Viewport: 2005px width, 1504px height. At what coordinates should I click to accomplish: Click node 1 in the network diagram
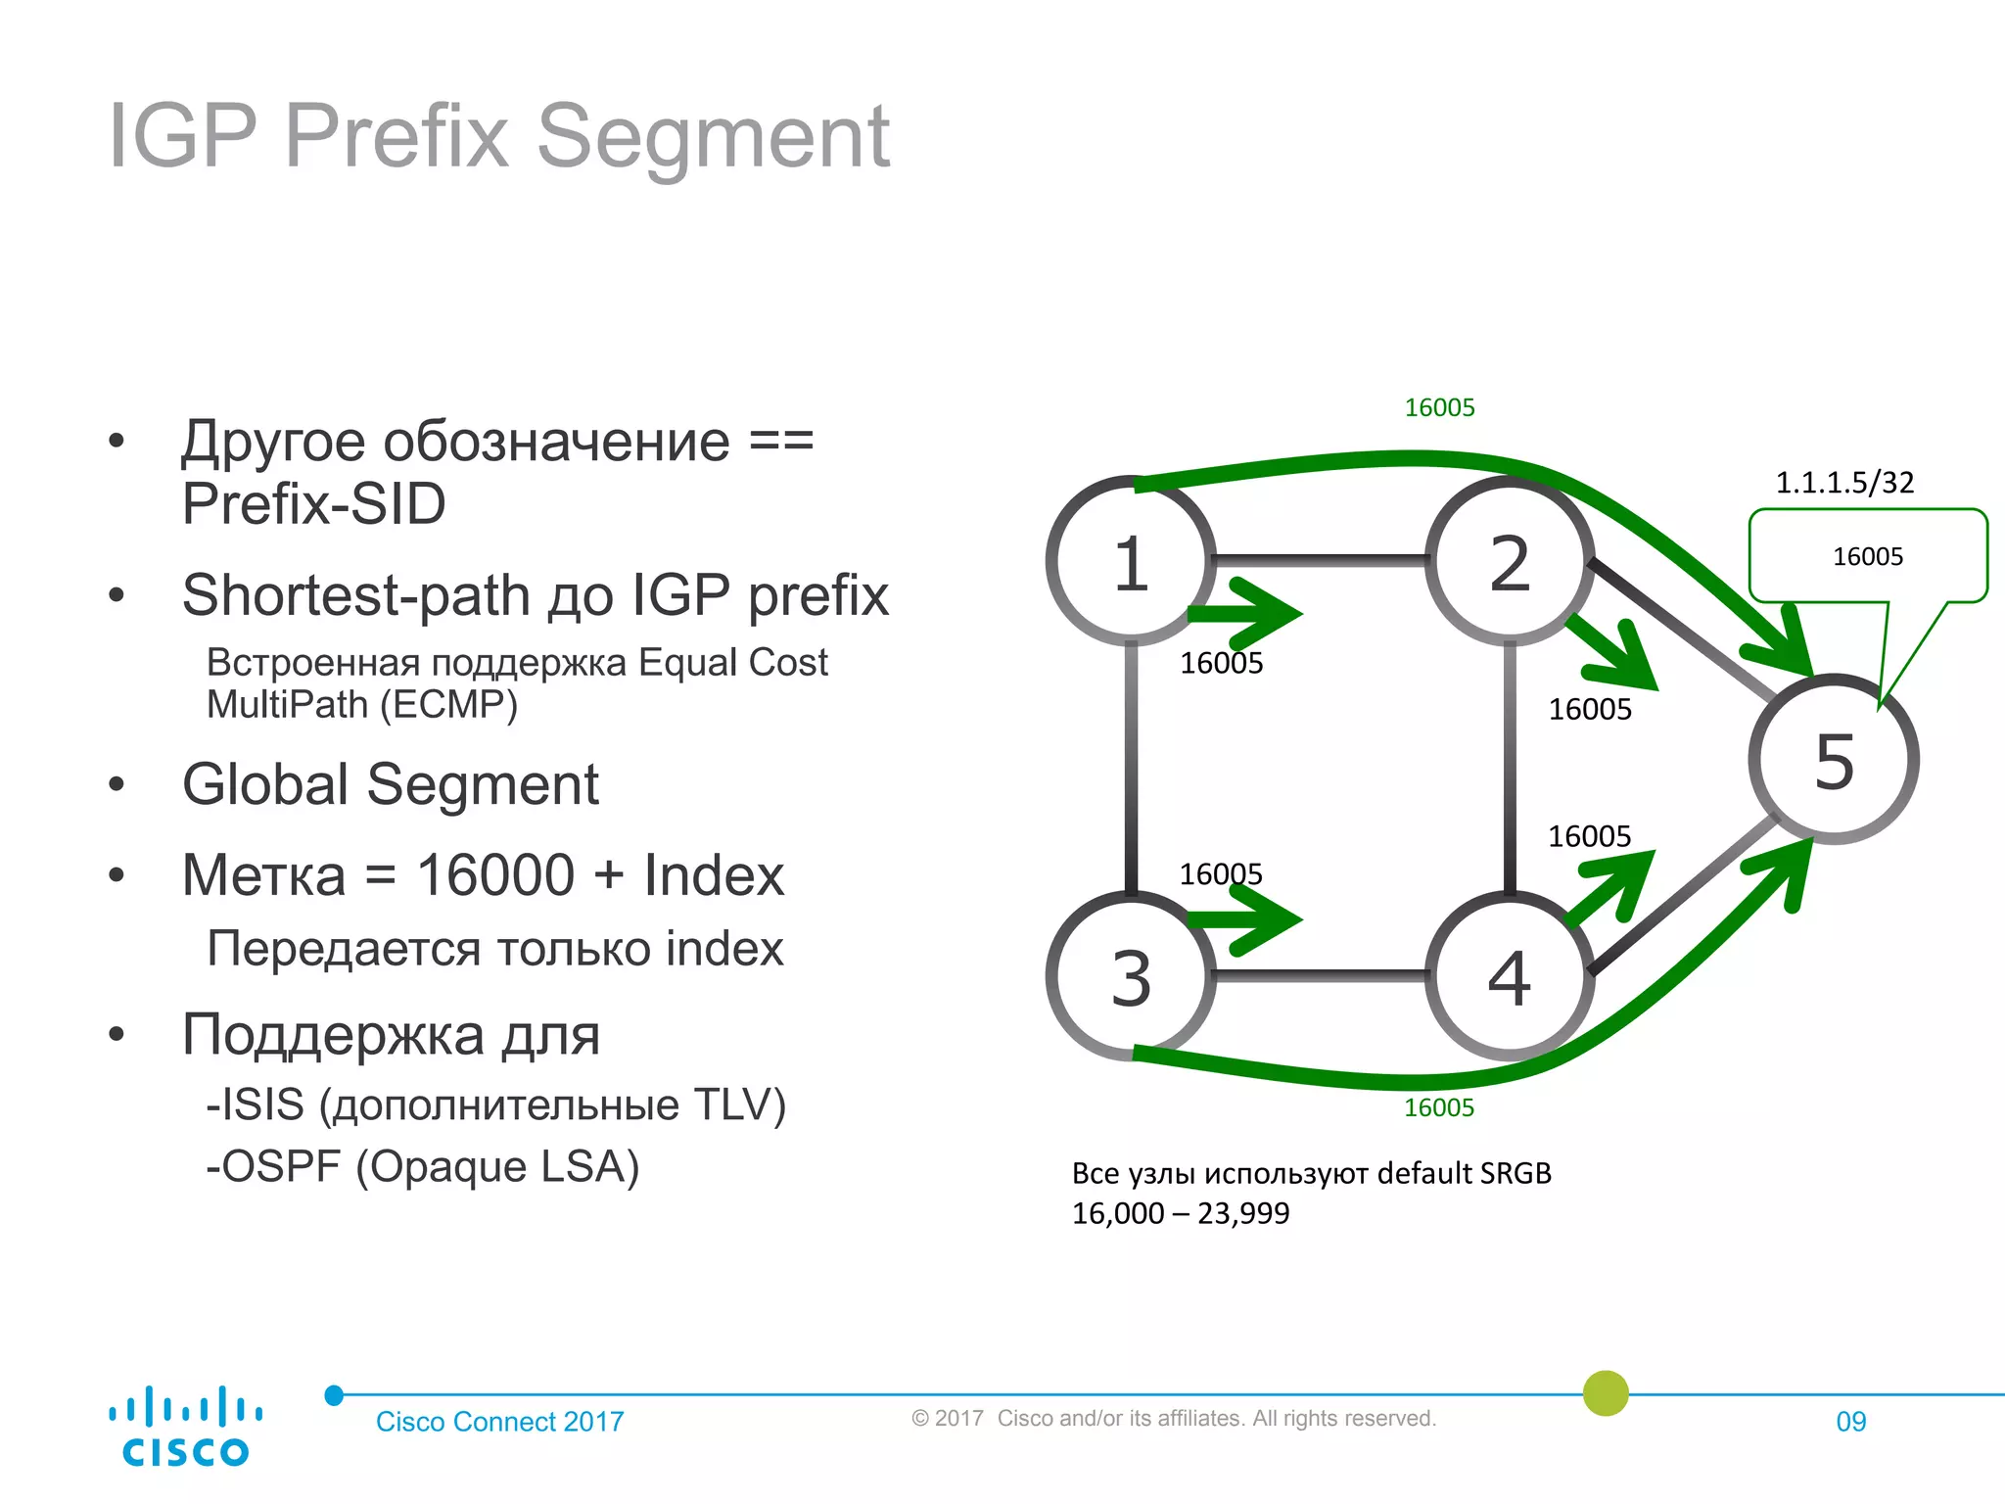click(1131, 562)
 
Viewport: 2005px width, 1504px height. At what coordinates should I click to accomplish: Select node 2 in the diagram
click(1509, 562)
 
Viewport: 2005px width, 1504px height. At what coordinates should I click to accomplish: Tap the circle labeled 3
click(1131, 976)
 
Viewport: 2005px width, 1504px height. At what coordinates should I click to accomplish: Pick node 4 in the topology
click(1509, 976)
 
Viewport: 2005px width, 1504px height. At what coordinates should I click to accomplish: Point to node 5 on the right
click(1834, 760)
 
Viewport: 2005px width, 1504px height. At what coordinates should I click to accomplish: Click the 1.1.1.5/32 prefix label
click(1844, 482)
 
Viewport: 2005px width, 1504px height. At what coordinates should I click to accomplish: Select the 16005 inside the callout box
click(1867, 556)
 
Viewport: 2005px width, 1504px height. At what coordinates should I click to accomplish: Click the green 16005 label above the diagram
click(1439, 407)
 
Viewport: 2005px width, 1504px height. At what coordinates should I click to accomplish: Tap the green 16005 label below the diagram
click(1438, 1107)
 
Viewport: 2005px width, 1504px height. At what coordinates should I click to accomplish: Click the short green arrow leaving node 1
click(1248, 614)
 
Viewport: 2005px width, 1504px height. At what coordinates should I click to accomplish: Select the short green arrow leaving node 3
click(1248, 919)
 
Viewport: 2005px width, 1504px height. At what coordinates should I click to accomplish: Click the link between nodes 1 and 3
click(1131, 769)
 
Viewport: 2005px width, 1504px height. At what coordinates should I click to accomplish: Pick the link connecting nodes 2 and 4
click(1509, 769)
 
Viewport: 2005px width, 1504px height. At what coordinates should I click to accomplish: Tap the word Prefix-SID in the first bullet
click(313, 503)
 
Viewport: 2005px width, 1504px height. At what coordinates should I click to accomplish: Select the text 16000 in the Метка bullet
click(494, 874)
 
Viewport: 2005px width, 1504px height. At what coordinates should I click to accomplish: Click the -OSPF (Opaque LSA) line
click(422, 1166)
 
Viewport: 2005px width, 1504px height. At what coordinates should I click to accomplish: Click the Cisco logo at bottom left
click(185, 1426)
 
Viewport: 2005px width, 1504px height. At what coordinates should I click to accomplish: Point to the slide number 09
click(1850, 1421)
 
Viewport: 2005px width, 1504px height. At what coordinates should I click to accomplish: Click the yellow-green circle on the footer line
click(1606, 1392)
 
